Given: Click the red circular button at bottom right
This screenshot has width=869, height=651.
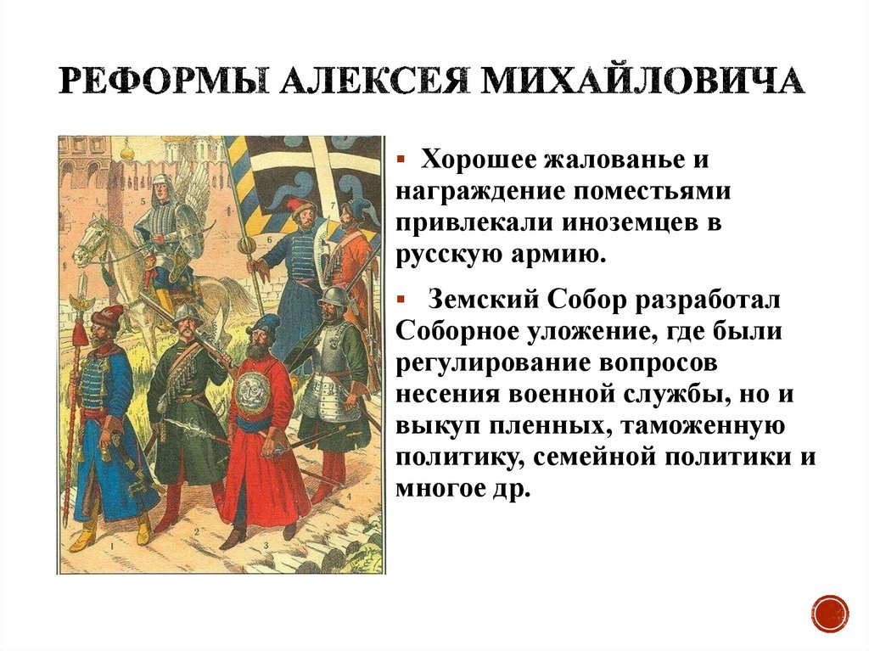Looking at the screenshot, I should (829, 611).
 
